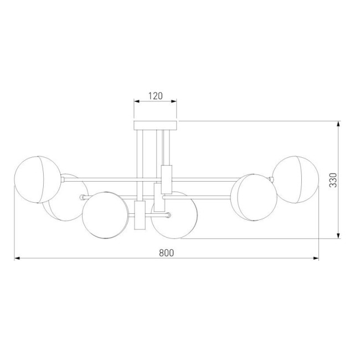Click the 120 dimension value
(x=155, y=95)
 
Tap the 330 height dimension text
(x=333, y=181)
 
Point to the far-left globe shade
(x=37, y=179)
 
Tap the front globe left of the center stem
(x=105, y=215)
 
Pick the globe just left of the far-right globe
(x=253, y=197)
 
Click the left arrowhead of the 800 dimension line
(x=17, y=258)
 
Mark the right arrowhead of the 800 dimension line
(x=317, y=258)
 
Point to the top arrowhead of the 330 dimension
(x=339, y=124)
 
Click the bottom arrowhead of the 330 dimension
(x=339, y=236)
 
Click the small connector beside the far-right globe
(x=272, y=179)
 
